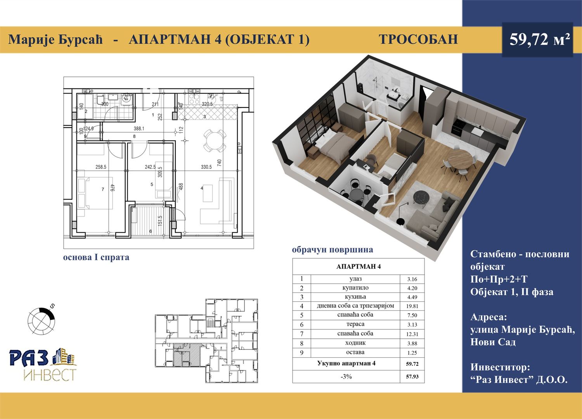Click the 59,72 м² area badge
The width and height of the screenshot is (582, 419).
coord(537,40)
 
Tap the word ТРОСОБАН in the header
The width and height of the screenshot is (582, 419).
coord(418,40)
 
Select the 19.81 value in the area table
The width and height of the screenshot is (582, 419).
coord(412,306)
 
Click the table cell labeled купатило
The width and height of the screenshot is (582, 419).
coord(355,288)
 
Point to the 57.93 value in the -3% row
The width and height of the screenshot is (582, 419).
coord(412,376)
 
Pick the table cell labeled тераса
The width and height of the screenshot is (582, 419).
coord(355,324)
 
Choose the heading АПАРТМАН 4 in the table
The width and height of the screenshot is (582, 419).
coord(359,267)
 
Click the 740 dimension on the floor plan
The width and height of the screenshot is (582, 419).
coord(219,163)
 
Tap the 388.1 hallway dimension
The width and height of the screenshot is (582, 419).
coord(139,128)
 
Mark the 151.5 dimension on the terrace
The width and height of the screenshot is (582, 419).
coord(160,220)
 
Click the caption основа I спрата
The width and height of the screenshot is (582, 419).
coord(96,258)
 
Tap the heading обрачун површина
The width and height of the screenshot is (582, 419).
coord(333,250)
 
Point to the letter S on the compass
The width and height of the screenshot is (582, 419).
coord(52,306)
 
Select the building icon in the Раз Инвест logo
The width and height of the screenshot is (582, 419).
coord(64,357)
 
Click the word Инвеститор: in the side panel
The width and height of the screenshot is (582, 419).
coord(500,367)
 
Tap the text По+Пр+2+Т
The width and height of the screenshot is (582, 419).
coord(499,279)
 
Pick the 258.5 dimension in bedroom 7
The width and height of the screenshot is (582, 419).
coord(101,167)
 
